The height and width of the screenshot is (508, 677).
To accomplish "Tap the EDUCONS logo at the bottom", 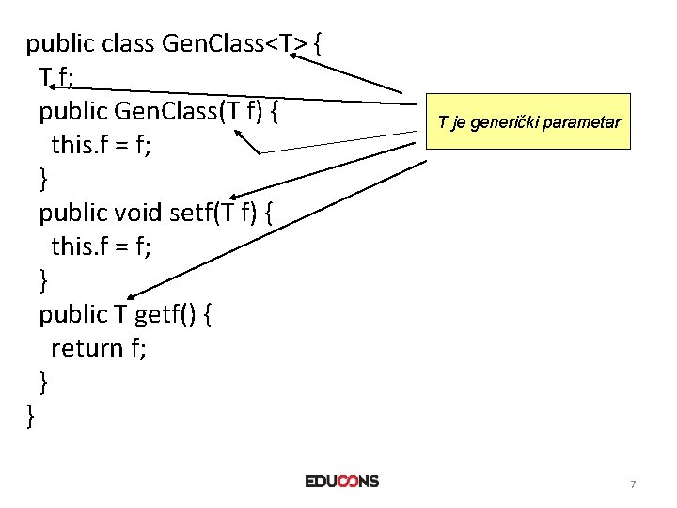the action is tap(342, 481).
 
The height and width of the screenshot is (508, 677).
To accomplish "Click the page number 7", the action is tap(633, 484).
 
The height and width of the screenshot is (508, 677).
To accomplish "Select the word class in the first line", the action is tap(126, 43).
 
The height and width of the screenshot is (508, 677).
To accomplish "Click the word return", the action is tap(87, 348).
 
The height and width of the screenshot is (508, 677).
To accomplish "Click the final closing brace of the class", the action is tap(31, 415).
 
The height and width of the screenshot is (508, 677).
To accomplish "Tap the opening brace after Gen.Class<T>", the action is tap(320, 43).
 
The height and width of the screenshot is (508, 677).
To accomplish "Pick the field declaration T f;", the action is tap(55, 77).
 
